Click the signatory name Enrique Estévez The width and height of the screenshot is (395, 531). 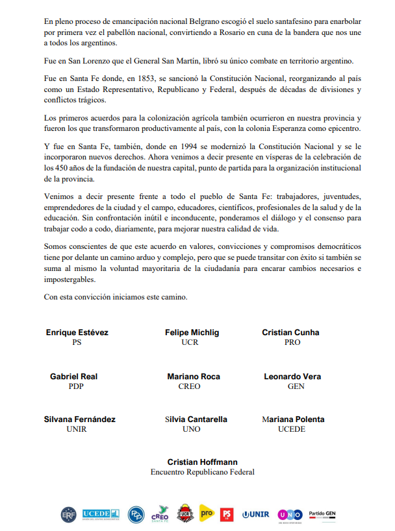pyautogui.click(x=77, y=333)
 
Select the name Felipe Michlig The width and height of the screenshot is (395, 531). pyautogui.click(x=192, y=333)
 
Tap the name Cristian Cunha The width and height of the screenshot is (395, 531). pyautogui.click(x=290, y=333)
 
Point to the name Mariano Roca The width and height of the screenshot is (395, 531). pyautogui.click(x=193, y=377)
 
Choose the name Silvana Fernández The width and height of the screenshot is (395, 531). pyautogui.click(x=80, y=419)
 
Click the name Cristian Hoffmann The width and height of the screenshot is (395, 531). pyautogui.click(x=202, y=462)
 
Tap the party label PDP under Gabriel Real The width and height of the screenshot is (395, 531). pyautogui.click(x=76, y=386)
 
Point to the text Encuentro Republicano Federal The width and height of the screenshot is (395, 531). pyautogui.click(x=202, y=472)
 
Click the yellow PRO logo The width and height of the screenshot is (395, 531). pyautogui.click(x=206, y=513)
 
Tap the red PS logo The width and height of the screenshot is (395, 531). pyautogui.click(x=227, y=514)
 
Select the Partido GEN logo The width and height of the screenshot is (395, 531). pyautogui.click(x=322, y=513)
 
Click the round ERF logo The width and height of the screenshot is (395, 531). pyautogui.click(x=69, y=514)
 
